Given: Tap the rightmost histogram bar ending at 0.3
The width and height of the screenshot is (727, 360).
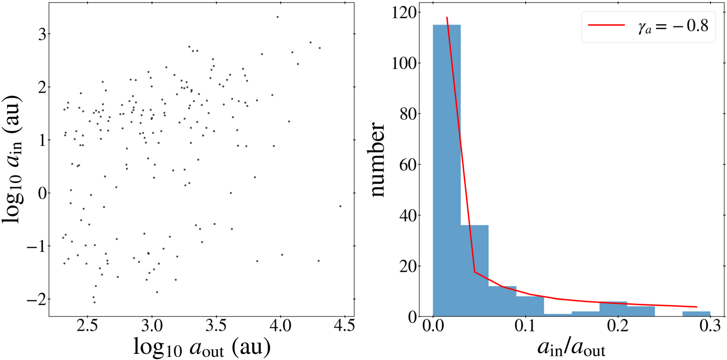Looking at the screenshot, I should coord(696,314).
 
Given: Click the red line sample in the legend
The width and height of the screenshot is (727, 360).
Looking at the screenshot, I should coord(606,25).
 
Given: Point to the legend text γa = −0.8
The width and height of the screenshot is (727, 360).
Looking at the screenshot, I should coord(673,26).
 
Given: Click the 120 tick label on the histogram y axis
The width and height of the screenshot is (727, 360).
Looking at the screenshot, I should coord(404,13).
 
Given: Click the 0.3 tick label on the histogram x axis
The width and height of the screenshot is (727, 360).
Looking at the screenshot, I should coord(710,326).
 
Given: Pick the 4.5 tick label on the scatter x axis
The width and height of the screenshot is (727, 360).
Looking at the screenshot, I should coord(344,326).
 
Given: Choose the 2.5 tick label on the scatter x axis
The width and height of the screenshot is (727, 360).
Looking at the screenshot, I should coord(87,326).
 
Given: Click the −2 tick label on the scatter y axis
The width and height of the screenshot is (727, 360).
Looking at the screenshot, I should coord(36,299).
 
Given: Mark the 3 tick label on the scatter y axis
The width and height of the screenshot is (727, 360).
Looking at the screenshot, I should coord(42,34).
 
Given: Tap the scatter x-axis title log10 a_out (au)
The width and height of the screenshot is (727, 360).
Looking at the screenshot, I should coord(201,347).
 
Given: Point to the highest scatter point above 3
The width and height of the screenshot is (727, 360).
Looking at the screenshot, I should coord(278,17).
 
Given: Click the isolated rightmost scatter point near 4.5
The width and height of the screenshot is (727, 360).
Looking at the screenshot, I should coord(340,206).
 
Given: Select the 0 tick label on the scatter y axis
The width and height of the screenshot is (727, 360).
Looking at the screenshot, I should coord(42,193).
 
